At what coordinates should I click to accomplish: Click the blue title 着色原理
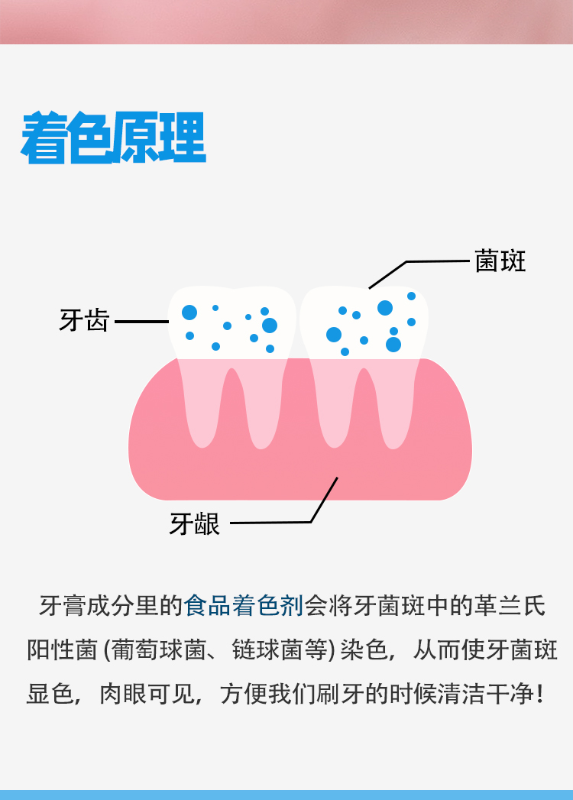tap(114, 138)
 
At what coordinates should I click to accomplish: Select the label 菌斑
tap(500, 261)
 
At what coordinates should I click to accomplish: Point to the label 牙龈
tap(195, 524)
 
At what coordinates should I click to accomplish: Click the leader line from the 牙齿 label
tap(141, 322)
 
